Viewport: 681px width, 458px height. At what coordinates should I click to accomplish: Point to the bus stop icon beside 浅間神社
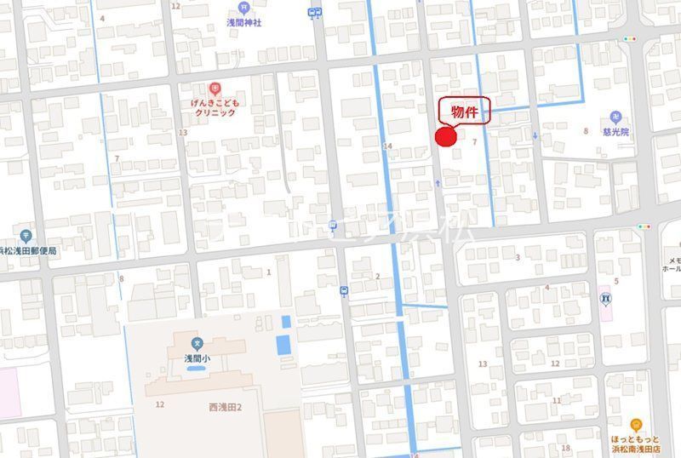coord(316,12)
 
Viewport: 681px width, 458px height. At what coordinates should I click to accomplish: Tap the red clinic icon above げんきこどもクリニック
coord(215,87)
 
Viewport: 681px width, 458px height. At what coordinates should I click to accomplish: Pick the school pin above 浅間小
coord(197,345)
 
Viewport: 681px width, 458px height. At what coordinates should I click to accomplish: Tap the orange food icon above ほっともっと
coord(635,424)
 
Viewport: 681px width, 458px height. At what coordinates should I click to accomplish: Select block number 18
coord(565,448)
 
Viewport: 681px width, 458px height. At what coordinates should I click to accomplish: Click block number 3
coord(517,256)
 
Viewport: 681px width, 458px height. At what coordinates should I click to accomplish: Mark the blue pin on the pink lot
coord(604,298)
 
